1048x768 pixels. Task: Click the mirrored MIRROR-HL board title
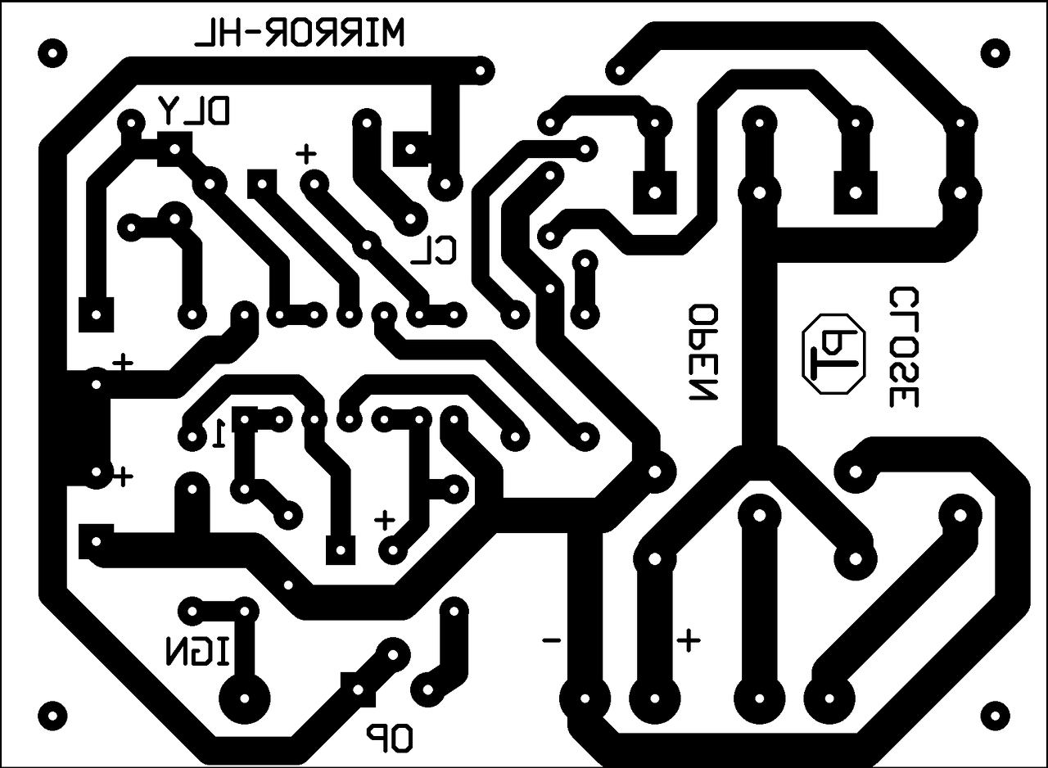click(299, 34)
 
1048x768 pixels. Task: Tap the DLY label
click(196, 110)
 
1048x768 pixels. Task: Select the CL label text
click(433, 251)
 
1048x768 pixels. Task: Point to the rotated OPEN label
click(703, 353)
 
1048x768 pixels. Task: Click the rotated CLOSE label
click(903, 347)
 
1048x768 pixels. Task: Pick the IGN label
click(199, 652)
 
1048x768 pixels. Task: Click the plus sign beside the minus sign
click(688, 639)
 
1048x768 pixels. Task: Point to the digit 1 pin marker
click(219, 434)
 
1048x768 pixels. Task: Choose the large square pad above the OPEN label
click(654, 193)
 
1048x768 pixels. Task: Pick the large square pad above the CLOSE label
click(856, 193)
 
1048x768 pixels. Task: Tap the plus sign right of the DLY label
click(306, 153)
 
